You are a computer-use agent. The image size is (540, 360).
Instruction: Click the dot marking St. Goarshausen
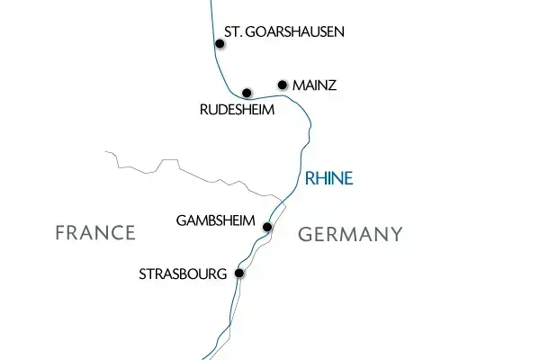click(x=220, y=43)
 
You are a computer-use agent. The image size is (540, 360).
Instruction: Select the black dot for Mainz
click(x=283, y=85)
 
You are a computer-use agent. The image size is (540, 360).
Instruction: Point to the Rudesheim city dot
click(x=247, y=92)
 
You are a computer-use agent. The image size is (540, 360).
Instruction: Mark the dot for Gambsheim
click(x=267, y=227)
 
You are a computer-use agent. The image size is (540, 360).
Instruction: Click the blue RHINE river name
click(x=329, y=178)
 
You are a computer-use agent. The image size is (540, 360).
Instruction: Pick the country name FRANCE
click(x=94, y=233)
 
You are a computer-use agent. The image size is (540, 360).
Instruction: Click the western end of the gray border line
click(x=104, y=154)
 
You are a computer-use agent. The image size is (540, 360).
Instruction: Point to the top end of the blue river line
click(x=212, y=2)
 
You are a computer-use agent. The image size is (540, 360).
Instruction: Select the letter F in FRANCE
click(x=60, y=233)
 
